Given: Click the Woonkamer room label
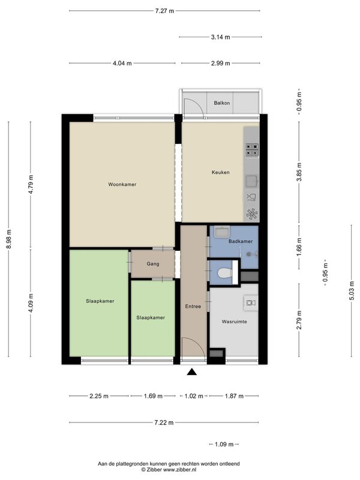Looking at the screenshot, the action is click(x=122, y=184).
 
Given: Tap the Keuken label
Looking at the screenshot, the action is click(x=220, y=172).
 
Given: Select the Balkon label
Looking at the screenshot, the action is click(x=221, y=103).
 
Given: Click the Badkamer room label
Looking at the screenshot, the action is click(x=241, y=241).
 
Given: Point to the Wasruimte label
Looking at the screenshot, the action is click(x=234, y=322).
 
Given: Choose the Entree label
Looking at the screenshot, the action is click(x=193, y=307).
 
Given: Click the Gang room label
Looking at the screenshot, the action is click(x=153, y=263).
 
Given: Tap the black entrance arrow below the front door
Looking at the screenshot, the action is click(x=191, y=371).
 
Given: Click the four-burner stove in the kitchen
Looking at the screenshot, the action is click(x=252, y=151).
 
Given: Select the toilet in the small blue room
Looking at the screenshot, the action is click(x=224, y=272).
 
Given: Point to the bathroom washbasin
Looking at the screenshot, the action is click(x=222, y=232).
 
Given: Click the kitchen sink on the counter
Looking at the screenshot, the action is click(x=252, y=181).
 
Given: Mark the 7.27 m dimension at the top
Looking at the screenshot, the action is click(x=164, y=11).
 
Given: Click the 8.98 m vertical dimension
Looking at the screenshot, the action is click(x=9, y=239).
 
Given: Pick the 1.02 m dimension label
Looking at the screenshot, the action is click(x=194, y=396).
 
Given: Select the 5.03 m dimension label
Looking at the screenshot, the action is click(x=352, y=290).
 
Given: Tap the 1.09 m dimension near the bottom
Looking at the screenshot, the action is click(x=224, y=444).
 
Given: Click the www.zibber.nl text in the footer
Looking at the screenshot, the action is click(x=179, y=469).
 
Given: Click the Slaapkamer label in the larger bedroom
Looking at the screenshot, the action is click(x=100, y=301).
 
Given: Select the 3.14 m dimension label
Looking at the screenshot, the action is click(x=220, y=37).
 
